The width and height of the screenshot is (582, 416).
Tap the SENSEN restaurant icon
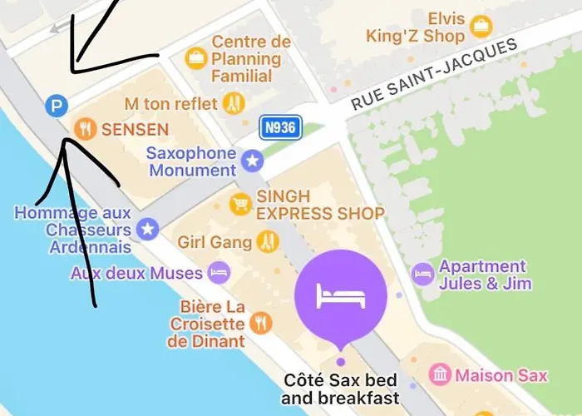click(84, 129)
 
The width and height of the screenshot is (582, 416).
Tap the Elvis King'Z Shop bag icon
click(481, 27)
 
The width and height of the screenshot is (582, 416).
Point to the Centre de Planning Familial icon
click(196, 57)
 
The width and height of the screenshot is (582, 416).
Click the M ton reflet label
click(170, 104)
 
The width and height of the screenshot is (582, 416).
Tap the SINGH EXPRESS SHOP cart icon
click(241, 204)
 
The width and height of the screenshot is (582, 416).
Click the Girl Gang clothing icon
click(267, 242)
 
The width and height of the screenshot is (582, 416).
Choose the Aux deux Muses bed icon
click(218, 272)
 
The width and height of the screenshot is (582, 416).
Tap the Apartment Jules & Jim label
click(485, 275)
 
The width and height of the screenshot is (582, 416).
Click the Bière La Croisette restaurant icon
click(261, 323)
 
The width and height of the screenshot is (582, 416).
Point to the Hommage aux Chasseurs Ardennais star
click(148, 229)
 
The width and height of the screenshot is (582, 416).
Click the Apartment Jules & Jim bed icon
click(423, 274)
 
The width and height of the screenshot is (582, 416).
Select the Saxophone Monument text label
click(191, 161)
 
